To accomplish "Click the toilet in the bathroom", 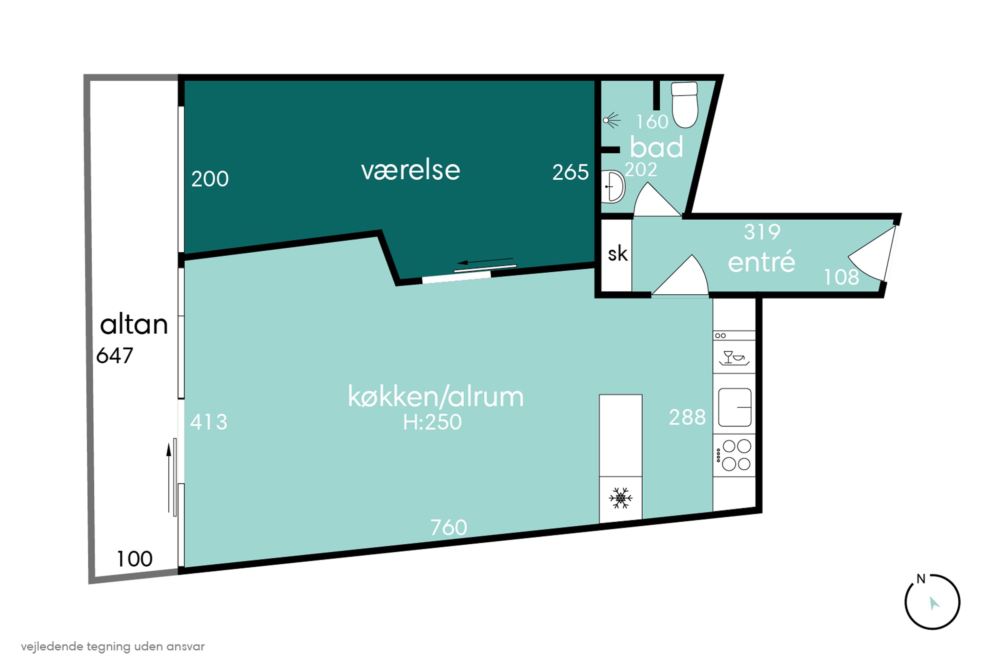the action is (685, 104).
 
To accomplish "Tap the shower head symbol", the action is (612, 120).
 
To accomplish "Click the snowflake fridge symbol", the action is (621, 498).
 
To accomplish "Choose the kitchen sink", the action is (735, 407).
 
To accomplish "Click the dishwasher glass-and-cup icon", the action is (734, 358).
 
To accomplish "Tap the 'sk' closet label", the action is (618, 254).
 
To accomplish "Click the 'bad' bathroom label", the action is (656, 147).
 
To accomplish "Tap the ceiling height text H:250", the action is (432, 422).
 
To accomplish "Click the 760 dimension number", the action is (449, 528).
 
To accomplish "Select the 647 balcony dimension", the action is (114, 356).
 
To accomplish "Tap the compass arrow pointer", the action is (934, 603).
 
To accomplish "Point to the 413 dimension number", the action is (209, 422).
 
